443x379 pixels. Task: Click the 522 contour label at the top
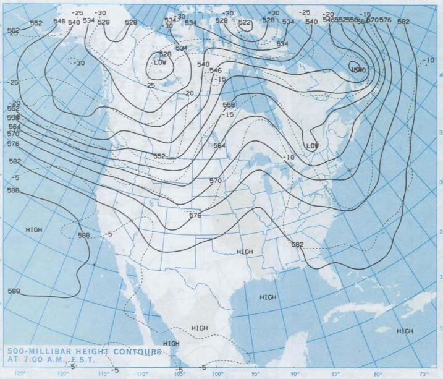(245, 23)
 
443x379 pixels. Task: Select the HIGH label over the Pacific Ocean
(34, 229)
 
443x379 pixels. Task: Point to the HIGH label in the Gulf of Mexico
(268, 297)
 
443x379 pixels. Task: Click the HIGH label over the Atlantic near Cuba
(405, 331)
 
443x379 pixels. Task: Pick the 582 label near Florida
(297, 245)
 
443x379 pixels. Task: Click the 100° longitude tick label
(217, 373)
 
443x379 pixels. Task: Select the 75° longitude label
(424, 373)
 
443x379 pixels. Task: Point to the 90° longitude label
(295, 373)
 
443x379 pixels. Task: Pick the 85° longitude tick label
(334, 373)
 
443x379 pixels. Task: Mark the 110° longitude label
(142, 373)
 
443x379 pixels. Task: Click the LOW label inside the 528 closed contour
(161, 62)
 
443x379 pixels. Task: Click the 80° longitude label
(378, 373)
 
